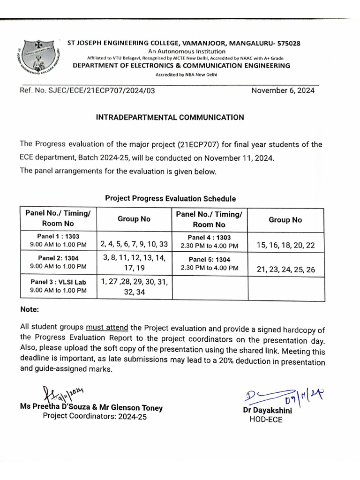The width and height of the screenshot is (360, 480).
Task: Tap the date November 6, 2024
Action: point(283,90)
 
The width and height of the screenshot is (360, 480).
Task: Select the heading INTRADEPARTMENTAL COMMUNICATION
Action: point(170,118)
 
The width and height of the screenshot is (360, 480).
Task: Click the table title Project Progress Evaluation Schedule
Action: point(170,198)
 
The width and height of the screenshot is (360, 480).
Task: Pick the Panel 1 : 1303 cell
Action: point(58,241)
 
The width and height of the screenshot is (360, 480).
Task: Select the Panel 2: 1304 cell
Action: point(58,262)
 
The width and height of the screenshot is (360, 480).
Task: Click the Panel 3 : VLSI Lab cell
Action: point(58,286)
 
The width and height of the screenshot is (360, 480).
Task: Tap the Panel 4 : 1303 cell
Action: point(210,241)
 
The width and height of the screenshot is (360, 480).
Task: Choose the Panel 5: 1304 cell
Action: point(210,263)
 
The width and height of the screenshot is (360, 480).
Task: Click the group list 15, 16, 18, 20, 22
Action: point(286,245)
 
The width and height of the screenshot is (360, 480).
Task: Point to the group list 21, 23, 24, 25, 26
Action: point(286,269)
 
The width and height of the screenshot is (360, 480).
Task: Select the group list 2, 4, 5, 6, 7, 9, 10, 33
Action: point(134,244)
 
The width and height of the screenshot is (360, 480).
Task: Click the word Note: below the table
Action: point(30,310)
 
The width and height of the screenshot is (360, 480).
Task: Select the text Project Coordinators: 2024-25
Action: point(95,416)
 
